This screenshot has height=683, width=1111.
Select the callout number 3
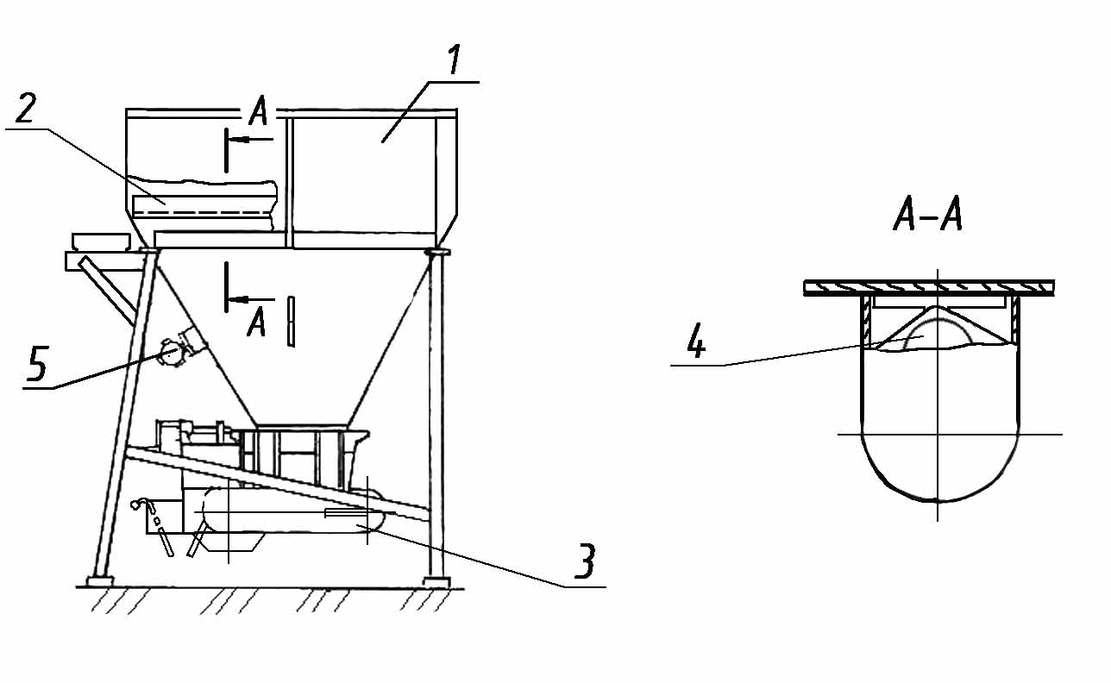[x=585, y=561]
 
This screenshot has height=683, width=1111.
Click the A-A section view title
[x=927, y=214]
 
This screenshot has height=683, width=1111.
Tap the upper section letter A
[x=258, y=110]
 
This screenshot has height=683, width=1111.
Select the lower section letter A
[x=256, y=322]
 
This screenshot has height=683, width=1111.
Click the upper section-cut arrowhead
[x=237, y=140]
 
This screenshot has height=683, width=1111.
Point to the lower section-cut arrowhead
[x=237, y=299]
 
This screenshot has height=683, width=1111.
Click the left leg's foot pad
[x=100, y=580]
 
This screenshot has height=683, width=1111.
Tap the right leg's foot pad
[x=436, y=582]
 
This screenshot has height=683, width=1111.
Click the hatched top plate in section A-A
[x=928, y=288]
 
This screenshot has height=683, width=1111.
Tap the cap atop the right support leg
[x=437, y=253]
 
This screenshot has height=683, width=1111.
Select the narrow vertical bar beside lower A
[x=292, y=321]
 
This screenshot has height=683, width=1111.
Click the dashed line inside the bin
[x=204, y=212]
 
